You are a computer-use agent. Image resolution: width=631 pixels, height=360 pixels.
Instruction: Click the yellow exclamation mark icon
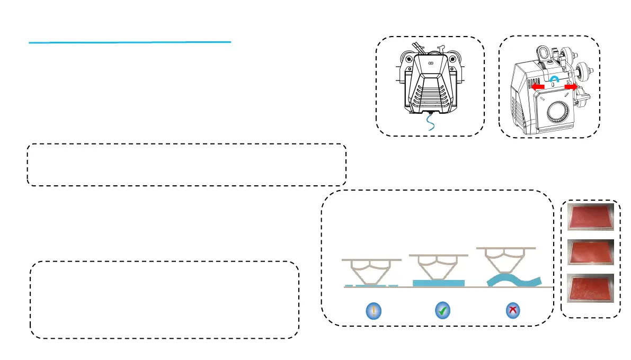(374, 311)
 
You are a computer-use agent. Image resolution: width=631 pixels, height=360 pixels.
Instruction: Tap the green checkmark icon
(442, 311)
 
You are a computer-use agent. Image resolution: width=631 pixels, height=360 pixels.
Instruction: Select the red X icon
(512, 311)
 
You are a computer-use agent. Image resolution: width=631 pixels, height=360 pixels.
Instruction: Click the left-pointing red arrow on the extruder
(538, 86)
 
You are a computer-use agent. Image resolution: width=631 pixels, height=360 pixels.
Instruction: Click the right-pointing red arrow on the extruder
(571, 86)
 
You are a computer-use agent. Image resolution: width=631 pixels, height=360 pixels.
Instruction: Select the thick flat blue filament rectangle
(438, 283)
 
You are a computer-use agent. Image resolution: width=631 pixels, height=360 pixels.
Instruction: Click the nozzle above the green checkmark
(438, 267)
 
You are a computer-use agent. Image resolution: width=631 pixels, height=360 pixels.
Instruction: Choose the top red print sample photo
(591, 217)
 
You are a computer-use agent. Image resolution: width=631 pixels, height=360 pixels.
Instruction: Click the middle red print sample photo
(591, 252)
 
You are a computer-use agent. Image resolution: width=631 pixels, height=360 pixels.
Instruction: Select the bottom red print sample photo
(591, 287)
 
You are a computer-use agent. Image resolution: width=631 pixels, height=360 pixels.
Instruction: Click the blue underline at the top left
(130, 42)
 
